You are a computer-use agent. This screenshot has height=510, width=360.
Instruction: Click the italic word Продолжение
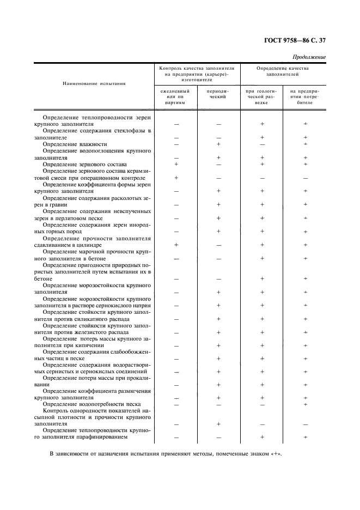pos(309,57)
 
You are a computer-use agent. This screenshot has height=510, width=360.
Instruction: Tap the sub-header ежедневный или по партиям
pos(176,97)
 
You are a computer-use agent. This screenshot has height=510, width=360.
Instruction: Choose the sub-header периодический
pos(218,94)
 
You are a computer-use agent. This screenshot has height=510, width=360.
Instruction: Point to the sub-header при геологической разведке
pos(262,97)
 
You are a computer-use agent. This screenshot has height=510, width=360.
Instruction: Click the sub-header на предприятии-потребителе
pos(304,97)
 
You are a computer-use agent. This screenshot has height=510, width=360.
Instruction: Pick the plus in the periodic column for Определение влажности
pos(218,144)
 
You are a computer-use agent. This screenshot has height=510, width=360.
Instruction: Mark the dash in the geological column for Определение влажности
pos(262,144)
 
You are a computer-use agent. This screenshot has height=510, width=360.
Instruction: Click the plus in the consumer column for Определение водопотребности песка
pos(305,404)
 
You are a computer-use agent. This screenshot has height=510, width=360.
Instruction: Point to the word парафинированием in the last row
pos(103,437)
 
